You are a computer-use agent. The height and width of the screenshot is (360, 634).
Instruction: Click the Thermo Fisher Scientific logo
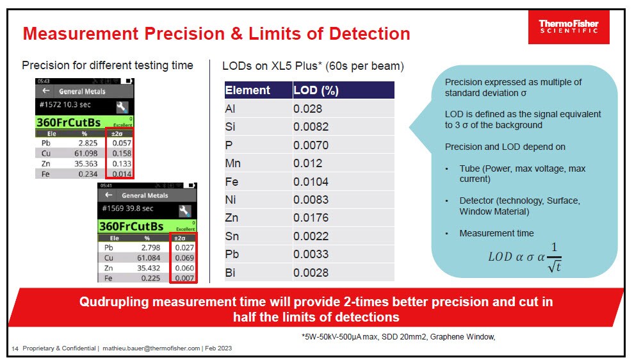click(x=568, y=28)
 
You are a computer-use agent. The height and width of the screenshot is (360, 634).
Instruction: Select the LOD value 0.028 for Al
click(x=307, y=110)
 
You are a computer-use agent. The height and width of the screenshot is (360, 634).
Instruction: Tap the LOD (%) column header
click(x=316, y=90)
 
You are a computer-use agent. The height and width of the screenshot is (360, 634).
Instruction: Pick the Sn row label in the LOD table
click(x=232, y=236)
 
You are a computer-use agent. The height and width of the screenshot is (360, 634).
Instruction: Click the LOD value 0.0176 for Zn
click(x=311, y=218)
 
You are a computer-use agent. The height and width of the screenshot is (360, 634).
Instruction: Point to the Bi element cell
click(x=231, y=273)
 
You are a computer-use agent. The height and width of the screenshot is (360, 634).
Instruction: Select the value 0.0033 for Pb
click(x=311, y=254)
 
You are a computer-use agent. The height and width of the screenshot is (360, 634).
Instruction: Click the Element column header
click(x=248, y=90)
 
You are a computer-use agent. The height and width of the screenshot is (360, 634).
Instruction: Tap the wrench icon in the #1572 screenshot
click(x=122, y=107)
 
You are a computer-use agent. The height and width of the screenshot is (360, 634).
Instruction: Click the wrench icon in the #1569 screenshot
click(x=184, y=211)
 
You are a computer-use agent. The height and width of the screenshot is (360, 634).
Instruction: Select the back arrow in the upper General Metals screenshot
click(x=46, y=92)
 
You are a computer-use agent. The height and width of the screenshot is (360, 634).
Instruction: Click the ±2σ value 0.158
click(x=122, y=154)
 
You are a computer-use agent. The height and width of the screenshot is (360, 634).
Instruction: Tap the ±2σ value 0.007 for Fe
click(x=185, y=278)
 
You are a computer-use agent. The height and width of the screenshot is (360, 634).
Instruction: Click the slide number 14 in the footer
click(x=15, y=348)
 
